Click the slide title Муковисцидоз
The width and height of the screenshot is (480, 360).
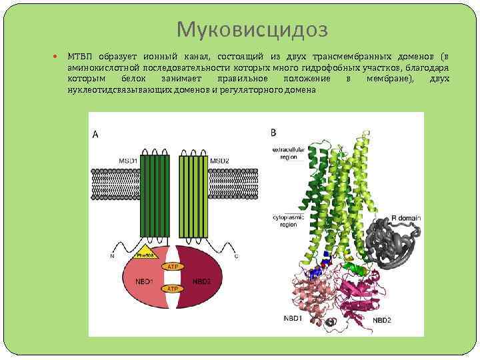tap(253, 29)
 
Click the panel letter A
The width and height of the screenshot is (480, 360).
tap(95, 134)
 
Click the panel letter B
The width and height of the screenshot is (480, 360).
tap(273, 132)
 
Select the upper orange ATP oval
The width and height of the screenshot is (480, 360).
tap(172, 266)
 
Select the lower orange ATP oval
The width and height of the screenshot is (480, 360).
tap(172, 289)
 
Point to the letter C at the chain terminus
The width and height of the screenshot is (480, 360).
tap(237, 257)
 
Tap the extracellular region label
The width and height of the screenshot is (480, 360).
tap(288, 154)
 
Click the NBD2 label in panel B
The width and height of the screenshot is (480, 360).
tap(382, 321)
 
